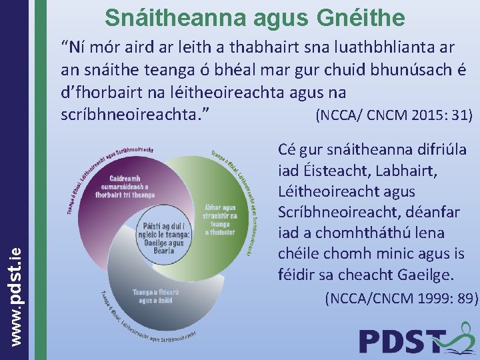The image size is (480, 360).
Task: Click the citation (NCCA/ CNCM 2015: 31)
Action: [393, 115]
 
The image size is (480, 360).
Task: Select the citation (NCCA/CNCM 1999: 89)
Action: [401, 300]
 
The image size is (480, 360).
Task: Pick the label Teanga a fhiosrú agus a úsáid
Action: [152, 296]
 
